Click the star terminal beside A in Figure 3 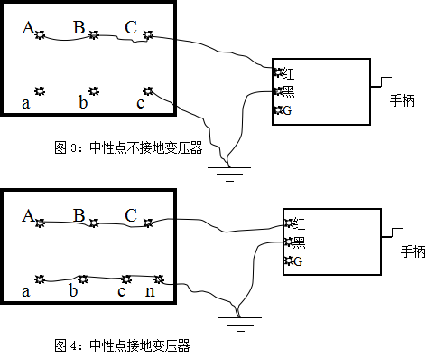click(x=40, y=35)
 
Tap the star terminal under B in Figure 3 click(x=93, y=37)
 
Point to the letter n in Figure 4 click(x=150, y=291)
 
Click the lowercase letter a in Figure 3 click(x=26, y=103)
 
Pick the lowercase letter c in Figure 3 click(x=140, y=103)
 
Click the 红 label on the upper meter click(x=287, y=72)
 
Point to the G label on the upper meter click(x=286, y=110)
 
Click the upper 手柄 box click(x=402, y=101)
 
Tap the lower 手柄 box click(x=413, y=252)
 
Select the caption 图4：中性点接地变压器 click(x=122, y=345)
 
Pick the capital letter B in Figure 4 click(x=79, y=215)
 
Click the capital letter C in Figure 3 click(x=131, y=28)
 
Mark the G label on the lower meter click(x=297, y=261)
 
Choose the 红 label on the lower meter click(x=299, y=223)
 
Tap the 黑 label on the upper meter click(x=288, y=91)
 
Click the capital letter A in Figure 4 click(x=27, y=216)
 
